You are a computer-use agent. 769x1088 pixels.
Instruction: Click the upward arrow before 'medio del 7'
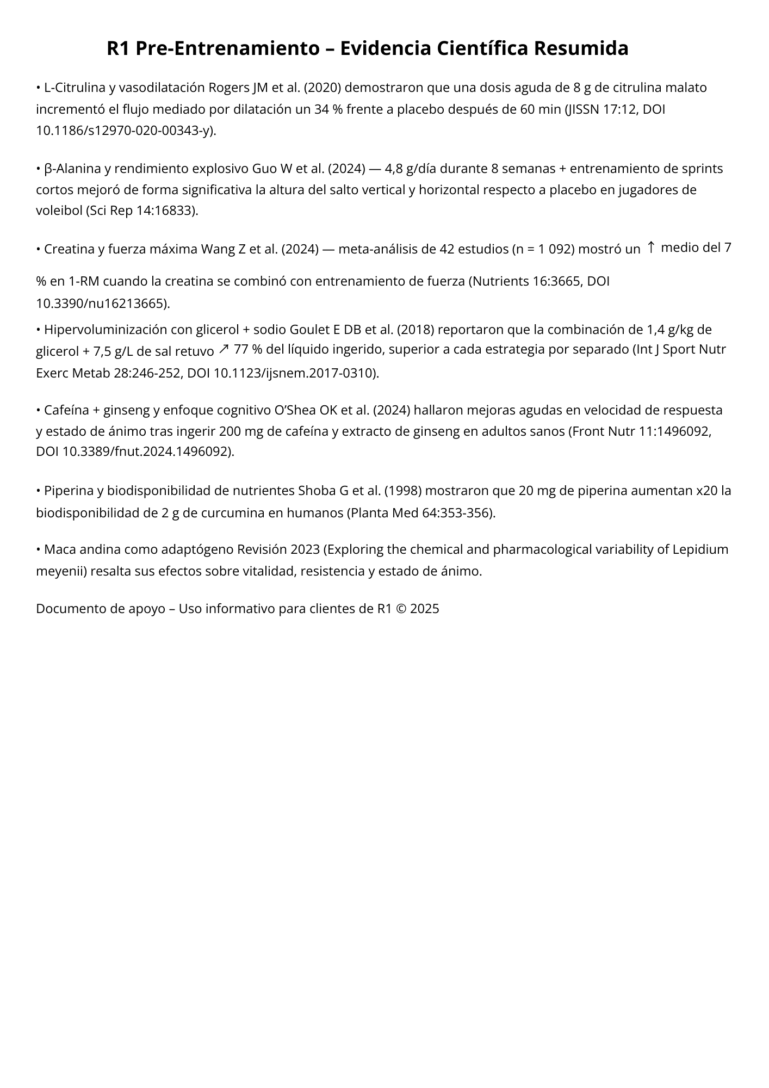(x=651, y=248)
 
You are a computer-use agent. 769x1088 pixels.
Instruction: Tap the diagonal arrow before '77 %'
(x=224, y=349)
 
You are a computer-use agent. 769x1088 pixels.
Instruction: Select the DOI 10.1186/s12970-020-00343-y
(x=123, y=131)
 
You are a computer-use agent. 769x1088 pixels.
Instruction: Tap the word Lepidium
(x=700, y=549)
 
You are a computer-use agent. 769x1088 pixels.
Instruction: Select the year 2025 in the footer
(x=424, y=609)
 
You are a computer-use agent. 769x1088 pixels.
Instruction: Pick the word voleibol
(x=59, y=211)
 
